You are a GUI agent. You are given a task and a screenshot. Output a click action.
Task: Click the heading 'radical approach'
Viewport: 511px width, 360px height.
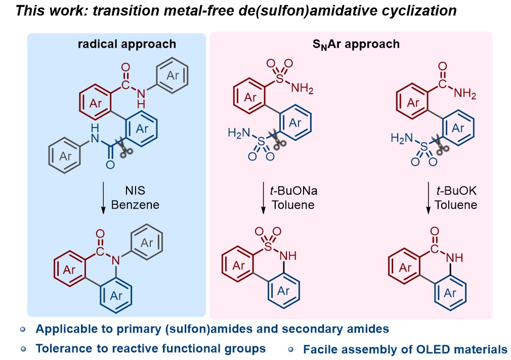(x=126, y=44)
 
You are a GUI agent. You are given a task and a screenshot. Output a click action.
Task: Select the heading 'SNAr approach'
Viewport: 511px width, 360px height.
(x=356, y=44)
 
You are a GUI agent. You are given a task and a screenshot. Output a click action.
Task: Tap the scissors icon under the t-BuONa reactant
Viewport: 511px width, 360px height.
(x=276, y=141)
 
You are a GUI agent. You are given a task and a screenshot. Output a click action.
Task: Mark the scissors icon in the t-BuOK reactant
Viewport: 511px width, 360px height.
(x=442, y=144)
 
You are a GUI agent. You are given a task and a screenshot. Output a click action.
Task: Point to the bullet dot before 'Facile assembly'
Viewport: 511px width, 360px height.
(x=290, y=349)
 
